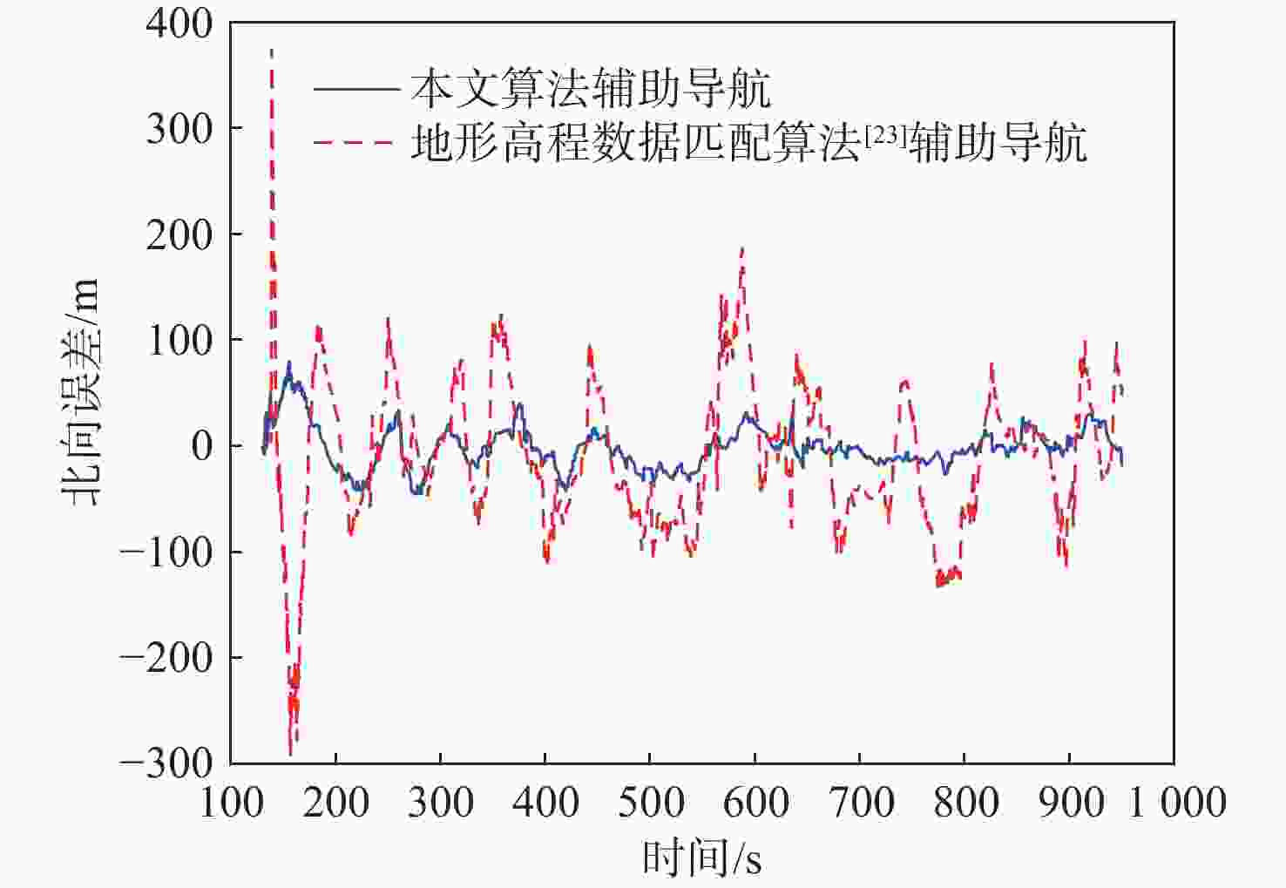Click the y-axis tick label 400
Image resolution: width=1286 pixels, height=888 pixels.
point(179,24)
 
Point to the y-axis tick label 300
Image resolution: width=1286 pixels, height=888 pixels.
point(179,129)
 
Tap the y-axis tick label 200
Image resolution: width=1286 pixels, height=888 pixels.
point(179,235)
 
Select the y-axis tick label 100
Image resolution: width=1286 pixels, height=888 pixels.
point(179,341)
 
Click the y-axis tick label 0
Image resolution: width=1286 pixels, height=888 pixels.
point(201,446)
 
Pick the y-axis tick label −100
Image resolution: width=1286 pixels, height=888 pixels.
point(166,552)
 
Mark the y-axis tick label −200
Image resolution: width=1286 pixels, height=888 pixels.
point(166,658)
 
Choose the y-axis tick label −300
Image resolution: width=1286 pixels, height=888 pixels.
point(166,763)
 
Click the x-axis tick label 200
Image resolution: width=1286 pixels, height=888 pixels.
point(336,802)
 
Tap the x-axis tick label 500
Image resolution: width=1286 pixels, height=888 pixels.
point(650,802)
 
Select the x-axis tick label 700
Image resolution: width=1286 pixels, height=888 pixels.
point(860,802)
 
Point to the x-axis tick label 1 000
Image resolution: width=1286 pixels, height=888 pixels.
point(1177,802)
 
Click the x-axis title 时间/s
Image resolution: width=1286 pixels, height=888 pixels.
point(701,858)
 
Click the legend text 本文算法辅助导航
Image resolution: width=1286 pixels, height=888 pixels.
point(590,88)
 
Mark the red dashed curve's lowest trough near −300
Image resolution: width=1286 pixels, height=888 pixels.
point(291,751)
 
